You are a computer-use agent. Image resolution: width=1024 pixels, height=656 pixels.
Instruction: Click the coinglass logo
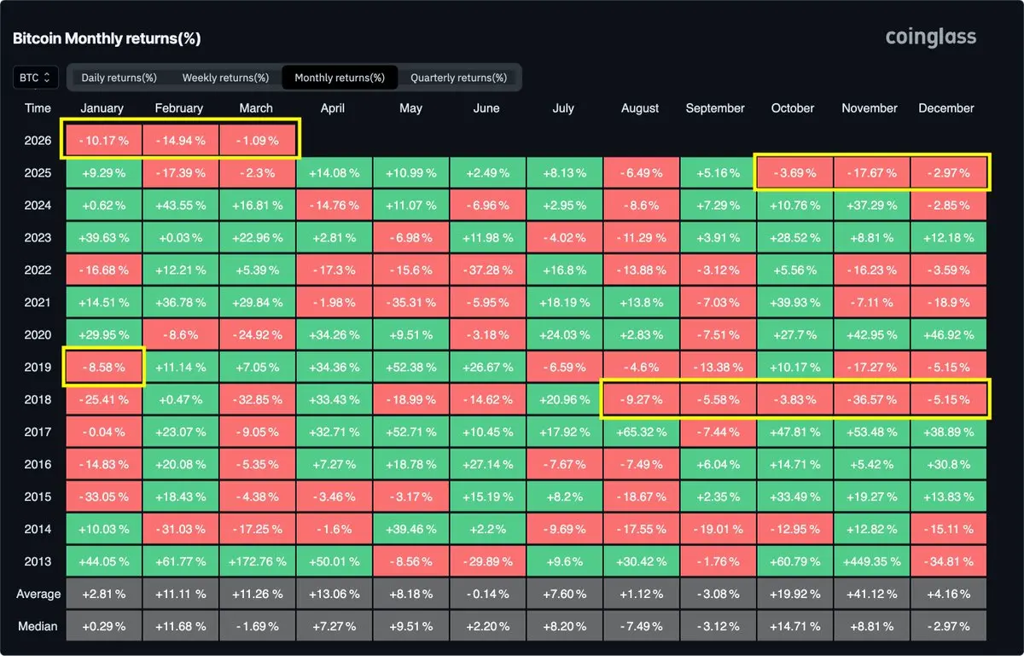coord(930,37)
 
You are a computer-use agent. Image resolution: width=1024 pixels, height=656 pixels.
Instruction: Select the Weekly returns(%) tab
coord(225,78)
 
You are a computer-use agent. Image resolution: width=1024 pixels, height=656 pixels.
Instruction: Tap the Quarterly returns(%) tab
coord(458,78)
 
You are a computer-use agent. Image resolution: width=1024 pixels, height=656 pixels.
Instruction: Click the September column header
coord(715,108)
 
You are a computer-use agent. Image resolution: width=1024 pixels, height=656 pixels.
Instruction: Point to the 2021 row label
coord(38,302)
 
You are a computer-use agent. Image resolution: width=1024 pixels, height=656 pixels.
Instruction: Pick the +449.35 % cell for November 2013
coord(870,561)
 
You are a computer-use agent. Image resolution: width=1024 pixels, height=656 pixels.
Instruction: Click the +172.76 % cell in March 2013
coord(256,561)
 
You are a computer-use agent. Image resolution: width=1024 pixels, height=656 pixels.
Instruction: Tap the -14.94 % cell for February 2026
coord(179,141)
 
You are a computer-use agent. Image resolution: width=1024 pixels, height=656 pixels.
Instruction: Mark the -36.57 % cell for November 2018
coord(870,399)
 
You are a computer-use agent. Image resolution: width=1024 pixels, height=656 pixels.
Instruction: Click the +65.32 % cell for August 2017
coord(640,432)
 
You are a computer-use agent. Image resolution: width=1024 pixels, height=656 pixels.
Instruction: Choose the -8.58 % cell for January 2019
coord(102,367)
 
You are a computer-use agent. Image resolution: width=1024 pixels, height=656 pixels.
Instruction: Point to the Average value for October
coord(793,594)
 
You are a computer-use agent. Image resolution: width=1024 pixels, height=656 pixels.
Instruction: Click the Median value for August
coord(640,626)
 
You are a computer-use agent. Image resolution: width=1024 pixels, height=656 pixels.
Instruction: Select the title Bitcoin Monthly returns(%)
coord(107,38)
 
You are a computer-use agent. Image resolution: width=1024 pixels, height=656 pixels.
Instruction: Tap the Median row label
coord(38,626)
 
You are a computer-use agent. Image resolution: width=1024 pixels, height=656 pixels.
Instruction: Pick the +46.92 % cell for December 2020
coord(946,334)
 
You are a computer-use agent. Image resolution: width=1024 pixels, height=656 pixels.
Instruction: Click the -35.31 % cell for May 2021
coord(410,302)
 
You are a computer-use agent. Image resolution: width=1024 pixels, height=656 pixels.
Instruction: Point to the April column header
coord(333,108)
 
